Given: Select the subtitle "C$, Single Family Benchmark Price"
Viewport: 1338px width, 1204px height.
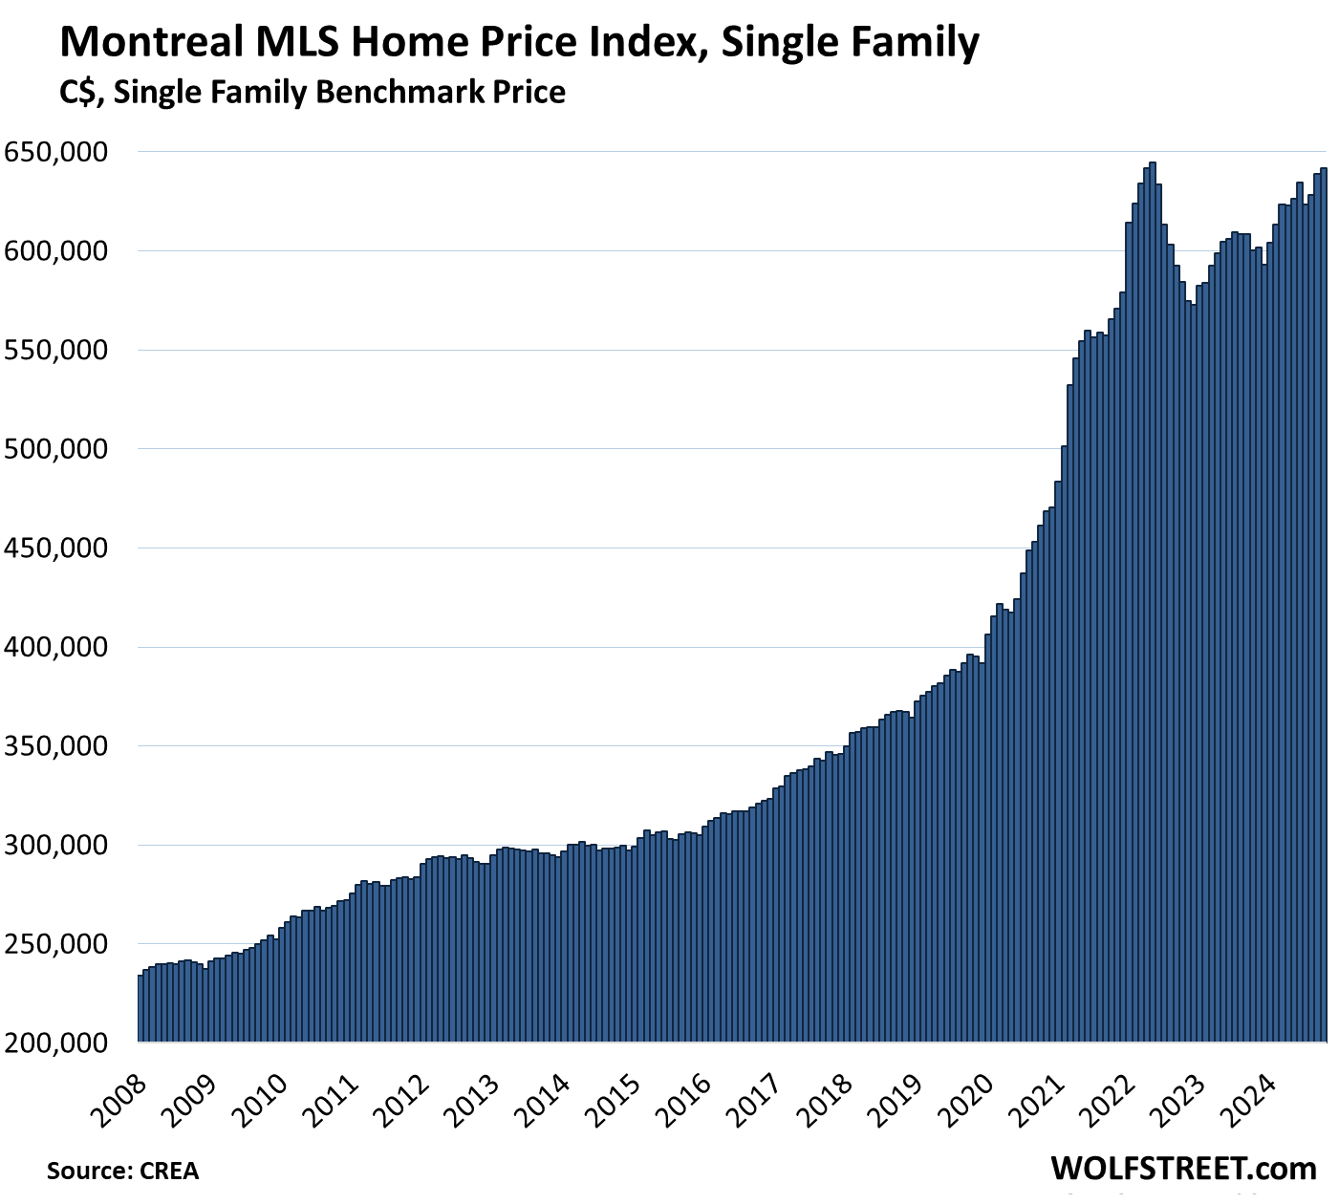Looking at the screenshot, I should [312, 93].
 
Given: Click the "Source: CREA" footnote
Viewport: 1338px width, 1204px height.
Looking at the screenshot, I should [122, 1171].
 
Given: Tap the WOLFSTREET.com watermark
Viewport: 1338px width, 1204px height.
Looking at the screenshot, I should [1183, 1168].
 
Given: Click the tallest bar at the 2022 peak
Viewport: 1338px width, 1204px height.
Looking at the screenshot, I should [1153, 602].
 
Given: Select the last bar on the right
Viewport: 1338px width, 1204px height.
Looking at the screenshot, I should [1324, 602].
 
